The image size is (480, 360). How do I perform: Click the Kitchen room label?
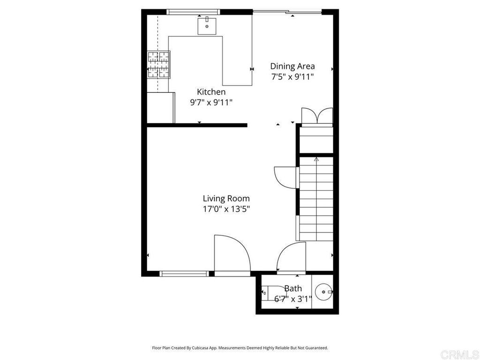[x=211, y=92]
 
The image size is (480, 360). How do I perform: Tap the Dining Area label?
[x=292, y=66]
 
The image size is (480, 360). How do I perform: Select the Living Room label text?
[x=226, y=199]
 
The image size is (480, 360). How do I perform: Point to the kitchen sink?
[x=207, y=26]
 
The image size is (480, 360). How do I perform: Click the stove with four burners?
[x=158, y=65]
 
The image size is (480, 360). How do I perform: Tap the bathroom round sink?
[x=324, y=292]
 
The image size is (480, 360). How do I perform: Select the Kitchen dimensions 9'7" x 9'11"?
[x=211, y=102]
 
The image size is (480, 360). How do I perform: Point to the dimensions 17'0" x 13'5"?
[x=226, y=209]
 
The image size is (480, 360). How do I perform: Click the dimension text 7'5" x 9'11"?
[x=292, y=76]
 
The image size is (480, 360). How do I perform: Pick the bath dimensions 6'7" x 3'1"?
[x=293, y=299]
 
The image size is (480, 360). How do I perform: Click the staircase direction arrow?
[x=316, y=159]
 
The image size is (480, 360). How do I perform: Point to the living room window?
[x=184, y=274]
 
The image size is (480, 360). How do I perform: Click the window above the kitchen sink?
[x=194, y=12]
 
